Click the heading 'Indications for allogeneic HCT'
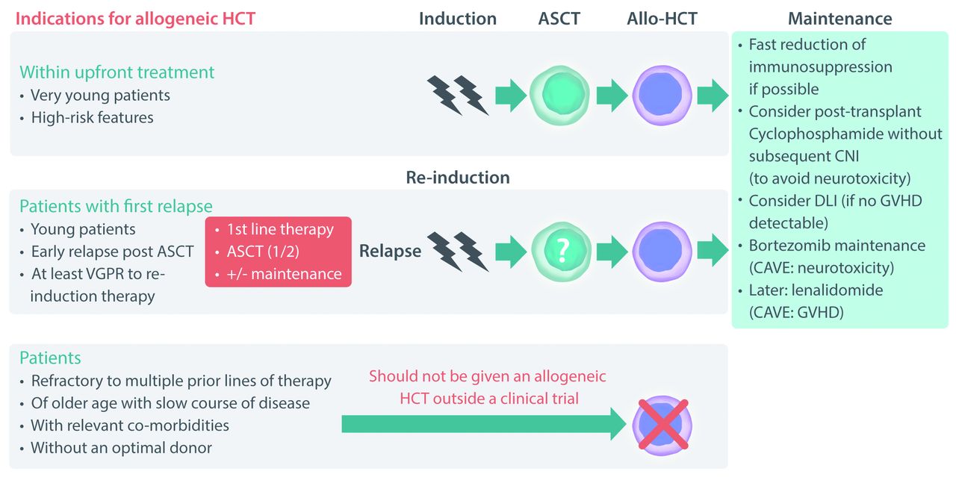coord(135,19)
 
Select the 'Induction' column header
coord(458,19)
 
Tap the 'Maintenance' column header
coord(840,19)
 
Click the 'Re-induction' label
coord(458,178)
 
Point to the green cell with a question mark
coord(561,251)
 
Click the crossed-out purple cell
coord(662,425)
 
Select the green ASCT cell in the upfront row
coord(560,95)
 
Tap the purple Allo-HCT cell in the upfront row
coord(662,95)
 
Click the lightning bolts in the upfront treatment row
coord(458,95)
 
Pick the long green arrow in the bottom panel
coord(484,424)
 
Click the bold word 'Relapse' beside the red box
coord(390,251)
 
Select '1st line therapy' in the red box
coord(280,229)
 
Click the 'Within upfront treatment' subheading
coord(117,72)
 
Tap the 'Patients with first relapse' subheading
coord(116,206)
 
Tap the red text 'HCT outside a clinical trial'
coord(489,399)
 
